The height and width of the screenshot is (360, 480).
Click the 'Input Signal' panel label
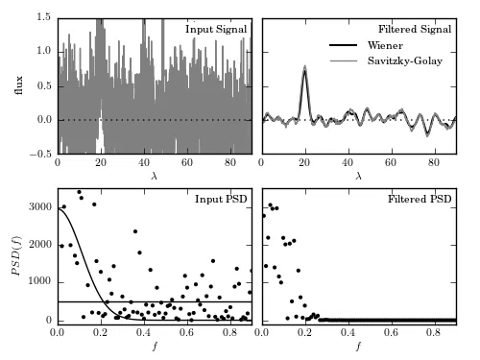[x=216, y=29]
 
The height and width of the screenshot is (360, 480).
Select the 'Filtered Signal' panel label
[x=415, y=29]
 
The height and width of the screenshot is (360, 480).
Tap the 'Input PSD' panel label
[x=221, y=199]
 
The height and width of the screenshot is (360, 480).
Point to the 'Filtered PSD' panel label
[x=420, y=199]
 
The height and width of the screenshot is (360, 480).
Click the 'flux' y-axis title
[x=19, y=85]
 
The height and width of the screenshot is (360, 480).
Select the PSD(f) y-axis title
[x=15, y=255]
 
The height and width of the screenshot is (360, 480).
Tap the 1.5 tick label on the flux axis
[x=44, y=17]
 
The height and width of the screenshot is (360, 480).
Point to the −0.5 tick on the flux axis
[x=40, y=154]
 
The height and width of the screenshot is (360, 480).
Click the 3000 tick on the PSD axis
[x=40, y=207]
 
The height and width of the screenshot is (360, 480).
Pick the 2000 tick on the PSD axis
[x=40, y=245]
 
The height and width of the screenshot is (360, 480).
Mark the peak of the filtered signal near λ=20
[x=305, y=66]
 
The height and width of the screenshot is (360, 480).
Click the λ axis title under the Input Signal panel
[x=155, y=176]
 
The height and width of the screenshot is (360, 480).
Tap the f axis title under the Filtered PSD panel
[x=359, y=346]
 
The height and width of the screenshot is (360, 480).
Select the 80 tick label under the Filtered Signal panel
[x=434, y=162]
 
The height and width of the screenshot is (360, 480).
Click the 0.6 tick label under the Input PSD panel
[x=186, y=332]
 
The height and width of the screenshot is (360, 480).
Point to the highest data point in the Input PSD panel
[x=79, y=192]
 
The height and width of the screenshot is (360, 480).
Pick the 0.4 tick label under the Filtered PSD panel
[x=348, y=332]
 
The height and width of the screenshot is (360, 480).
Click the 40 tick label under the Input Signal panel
[x=144, y=162]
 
